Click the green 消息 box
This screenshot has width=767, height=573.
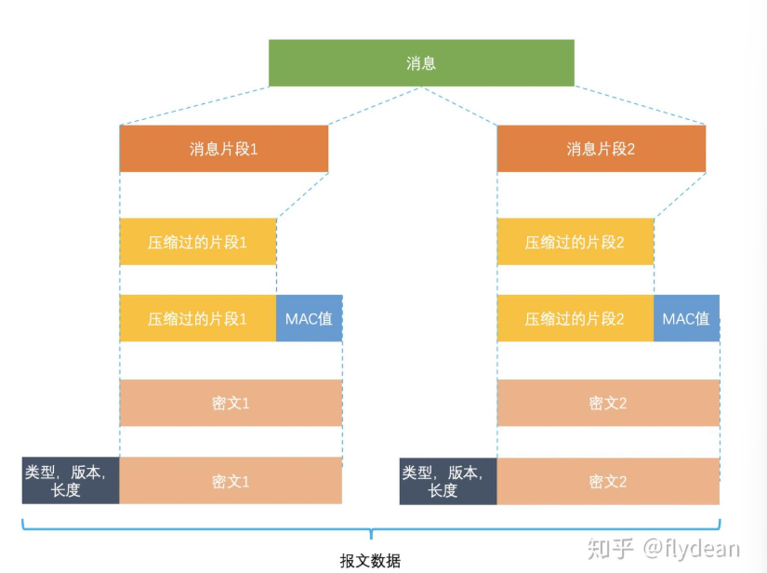point(421,63)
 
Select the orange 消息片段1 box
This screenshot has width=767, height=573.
point(223,149)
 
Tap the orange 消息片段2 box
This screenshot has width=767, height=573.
point(602,149)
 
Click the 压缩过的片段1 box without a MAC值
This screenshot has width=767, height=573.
point(198,242)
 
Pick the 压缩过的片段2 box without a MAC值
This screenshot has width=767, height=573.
point(575,242)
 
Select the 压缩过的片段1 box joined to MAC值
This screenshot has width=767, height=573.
point(198,318)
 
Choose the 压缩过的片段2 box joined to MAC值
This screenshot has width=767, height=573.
point(575,318)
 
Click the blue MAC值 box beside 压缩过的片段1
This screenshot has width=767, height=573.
point(310,318)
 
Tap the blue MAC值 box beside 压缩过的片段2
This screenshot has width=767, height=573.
point(686,318)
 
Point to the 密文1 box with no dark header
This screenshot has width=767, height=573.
point(231,403)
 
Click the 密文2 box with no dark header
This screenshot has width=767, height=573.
point(608,403)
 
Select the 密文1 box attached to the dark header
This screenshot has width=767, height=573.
point(231,481)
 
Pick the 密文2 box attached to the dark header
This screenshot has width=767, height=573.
point(608,481)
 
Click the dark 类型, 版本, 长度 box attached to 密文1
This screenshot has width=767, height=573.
point(71,481)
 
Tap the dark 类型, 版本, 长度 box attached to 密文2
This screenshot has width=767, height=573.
point(448,481)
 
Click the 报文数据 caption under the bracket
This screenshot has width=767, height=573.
point(370,561)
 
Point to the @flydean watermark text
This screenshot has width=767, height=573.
point(691,548)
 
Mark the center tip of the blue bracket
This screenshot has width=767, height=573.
point(371,539)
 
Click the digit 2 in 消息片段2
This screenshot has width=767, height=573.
point(630,149)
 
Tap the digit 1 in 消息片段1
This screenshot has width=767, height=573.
point(254,149)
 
